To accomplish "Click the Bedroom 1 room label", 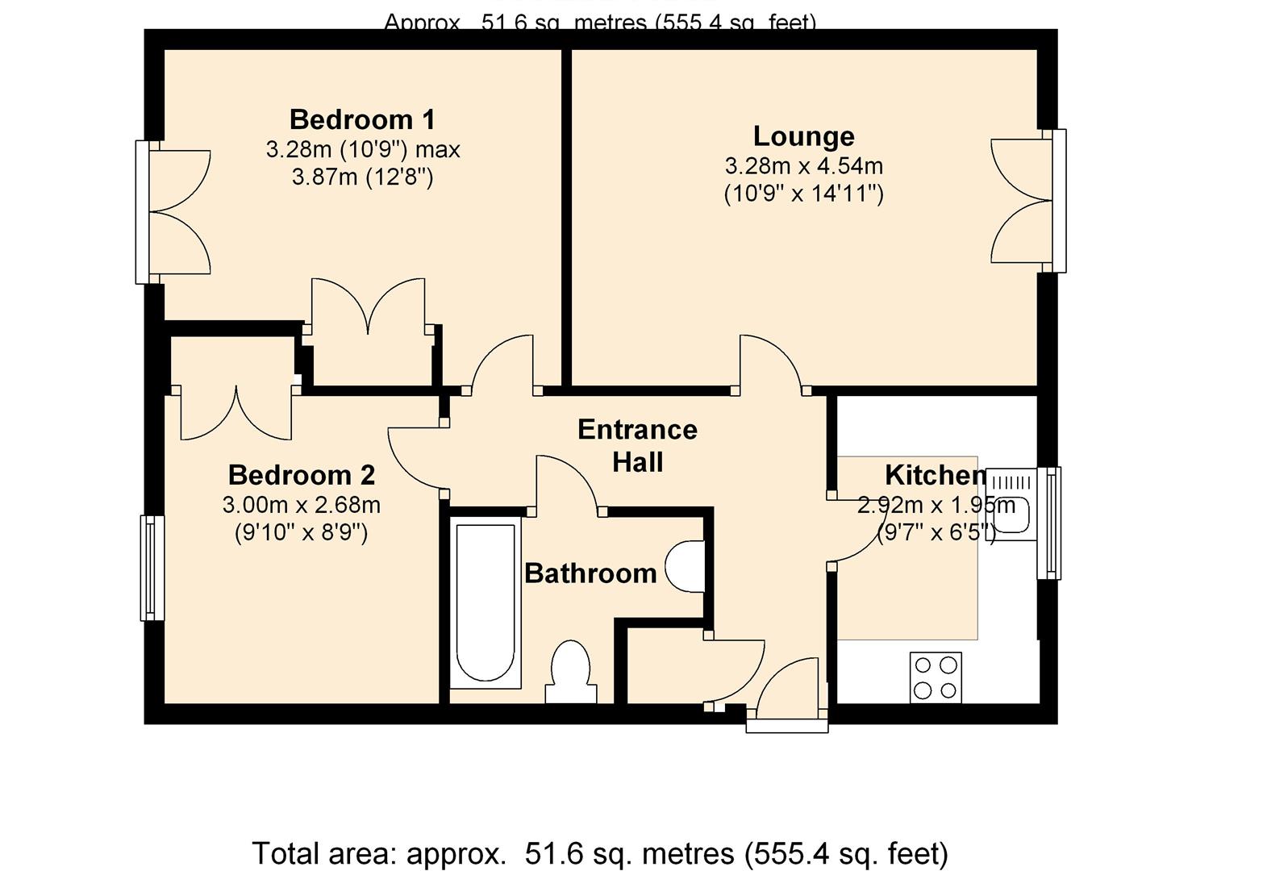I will (x=362, y=119).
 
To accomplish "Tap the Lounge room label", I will (x=803, y=136).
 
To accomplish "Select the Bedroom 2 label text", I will (x=301, y=475).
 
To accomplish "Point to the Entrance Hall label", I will (x=637, y=445).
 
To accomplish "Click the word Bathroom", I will (x=590, y=573).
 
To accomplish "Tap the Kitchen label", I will (x=935, y=475).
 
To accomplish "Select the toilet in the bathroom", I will (x=572, y=673).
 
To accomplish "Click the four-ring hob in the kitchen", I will (x=936, y=677).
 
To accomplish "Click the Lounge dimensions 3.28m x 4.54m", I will (x=803, y=166).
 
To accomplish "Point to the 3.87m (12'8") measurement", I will (x=362, y=177).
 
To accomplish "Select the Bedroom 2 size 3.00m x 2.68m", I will (x=301, y=506).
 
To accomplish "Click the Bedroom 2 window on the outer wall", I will (x=152, y=568).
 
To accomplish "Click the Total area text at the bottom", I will (x=600, y=852).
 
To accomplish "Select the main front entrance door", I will (x=788, y=694).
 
